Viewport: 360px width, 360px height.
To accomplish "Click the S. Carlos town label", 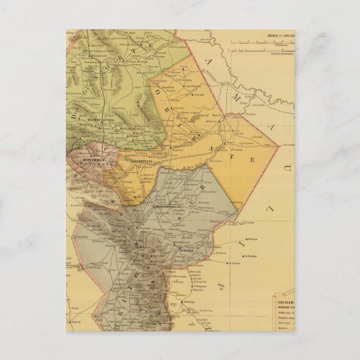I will coord(231,261).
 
